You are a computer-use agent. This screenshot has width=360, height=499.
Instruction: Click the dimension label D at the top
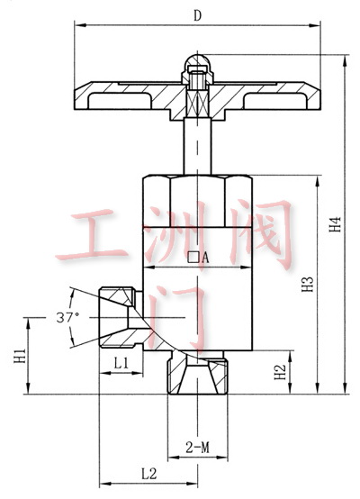198,16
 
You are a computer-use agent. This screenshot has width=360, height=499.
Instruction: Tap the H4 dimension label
335,224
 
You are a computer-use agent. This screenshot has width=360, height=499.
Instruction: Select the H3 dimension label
308,285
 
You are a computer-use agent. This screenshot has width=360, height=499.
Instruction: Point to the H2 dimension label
280,372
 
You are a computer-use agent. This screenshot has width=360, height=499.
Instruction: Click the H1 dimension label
20,356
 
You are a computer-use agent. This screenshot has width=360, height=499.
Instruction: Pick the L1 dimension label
121,362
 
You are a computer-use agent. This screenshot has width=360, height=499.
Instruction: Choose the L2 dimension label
149,474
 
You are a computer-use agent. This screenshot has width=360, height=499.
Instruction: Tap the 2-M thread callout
198,448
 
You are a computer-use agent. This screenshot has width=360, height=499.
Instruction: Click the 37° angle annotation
67,317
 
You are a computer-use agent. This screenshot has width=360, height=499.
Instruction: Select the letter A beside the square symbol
206,258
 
